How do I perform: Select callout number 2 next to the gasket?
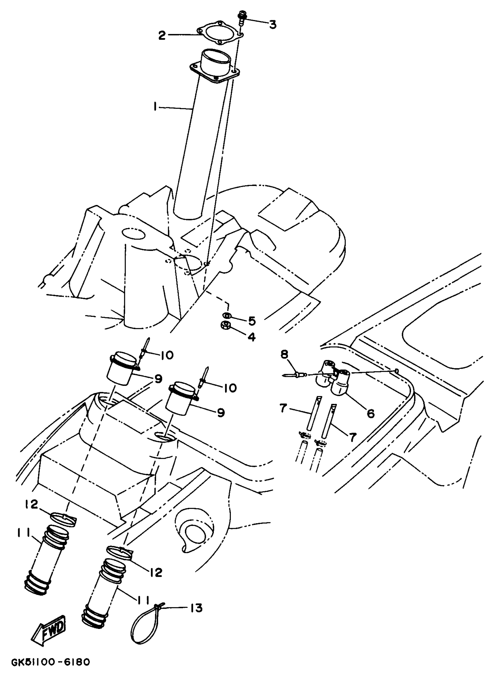(162, 36)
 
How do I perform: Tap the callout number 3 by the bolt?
(272, 24)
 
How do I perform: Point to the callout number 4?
(251, 336)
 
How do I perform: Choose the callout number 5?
(252, 321)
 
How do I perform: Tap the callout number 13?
(197, 608)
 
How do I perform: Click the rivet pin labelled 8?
(294, 375)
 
